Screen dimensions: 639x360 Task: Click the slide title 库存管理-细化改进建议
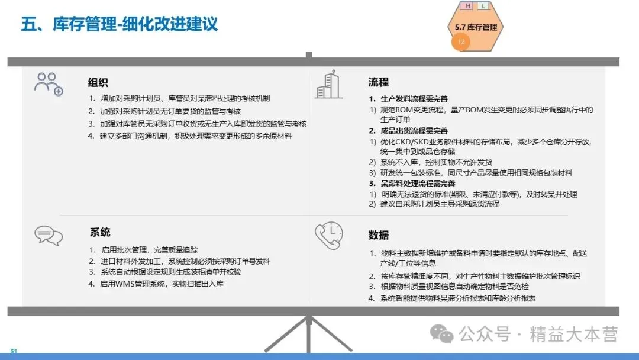(x=135, y=24)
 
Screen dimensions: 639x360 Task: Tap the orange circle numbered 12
(x=461, y=41)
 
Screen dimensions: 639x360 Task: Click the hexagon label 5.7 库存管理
(x=476, y=27)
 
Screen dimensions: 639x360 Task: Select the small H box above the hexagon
(x=468, y=6)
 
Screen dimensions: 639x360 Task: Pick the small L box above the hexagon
(x=483, y=6)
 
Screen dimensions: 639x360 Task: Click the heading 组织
(x=98, y=82)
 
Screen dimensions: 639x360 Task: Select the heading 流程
(x=379, y=82)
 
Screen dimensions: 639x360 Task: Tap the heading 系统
(x=100, y=232)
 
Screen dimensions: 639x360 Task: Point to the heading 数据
(x=379, y=235)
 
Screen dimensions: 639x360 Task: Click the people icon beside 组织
(x=49, y=84)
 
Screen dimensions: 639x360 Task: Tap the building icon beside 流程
(x=328, y=85)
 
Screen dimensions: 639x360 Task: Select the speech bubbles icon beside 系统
(x=49, y=235)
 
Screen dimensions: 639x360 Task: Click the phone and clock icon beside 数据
(x=329, y=235)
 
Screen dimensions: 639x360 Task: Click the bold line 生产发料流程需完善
(x=414, y=99)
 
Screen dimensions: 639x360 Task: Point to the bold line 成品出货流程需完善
(x=414, y=131)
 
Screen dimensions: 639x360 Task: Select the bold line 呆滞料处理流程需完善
(x=418, y=184)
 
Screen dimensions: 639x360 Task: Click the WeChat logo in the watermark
(x=442, y=334)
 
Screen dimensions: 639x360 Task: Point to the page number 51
(x=14, y=351)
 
